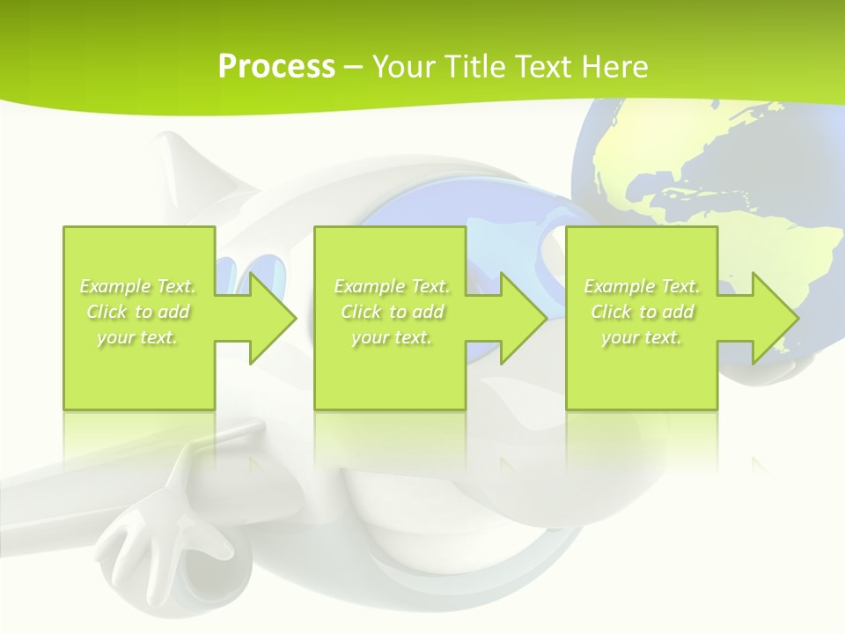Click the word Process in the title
click(276, 67)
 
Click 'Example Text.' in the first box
click(138, 286)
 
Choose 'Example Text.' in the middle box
click(392, 286)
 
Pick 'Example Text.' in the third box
click(642, 286)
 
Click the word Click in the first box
click(107, 312)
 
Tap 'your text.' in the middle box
click(392, 337)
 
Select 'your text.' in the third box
click(642, 337)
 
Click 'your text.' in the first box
click(138, 337)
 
